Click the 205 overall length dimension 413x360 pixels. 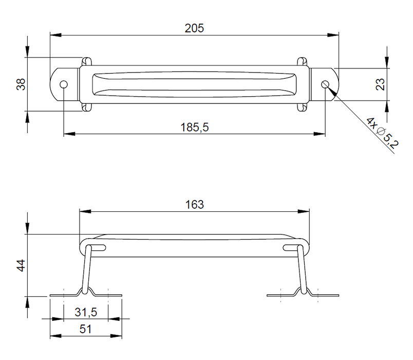[x=194, y=28]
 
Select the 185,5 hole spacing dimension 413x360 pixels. [x=194, y=128]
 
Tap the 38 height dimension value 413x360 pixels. [x=21, y=84]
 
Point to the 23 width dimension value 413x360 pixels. [x=380, y=84]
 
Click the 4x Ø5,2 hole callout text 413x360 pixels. [x=383, y=133]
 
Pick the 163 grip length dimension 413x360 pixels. [x=194, y=205]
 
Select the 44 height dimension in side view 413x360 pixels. [x=21, y=265]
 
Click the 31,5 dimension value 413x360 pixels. [x=86, y=312]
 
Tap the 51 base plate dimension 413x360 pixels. [x=86, y=329]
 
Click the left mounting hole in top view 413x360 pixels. [x=64, y=85]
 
